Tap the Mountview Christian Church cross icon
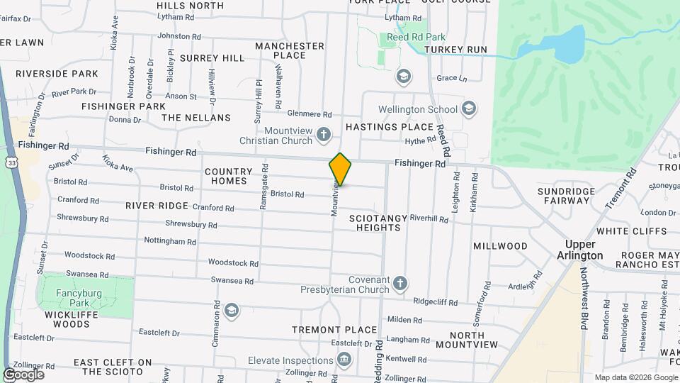point(324,134)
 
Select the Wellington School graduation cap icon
point(467,109)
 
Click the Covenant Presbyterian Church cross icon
point(400,284)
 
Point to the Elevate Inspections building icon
point(344,360)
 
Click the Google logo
point(23,374)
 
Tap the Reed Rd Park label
point(407,37)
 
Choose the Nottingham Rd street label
point(170,241)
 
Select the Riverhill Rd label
point(429,219)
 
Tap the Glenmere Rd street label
point(310,113)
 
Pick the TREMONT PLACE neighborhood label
point(335,330)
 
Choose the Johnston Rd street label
point(176,35)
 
